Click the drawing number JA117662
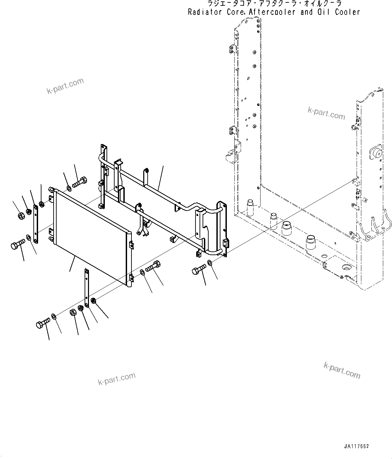357,446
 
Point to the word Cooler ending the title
348,12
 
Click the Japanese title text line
274,4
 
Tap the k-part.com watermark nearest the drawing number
342,370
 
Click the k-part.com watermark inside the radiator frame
326,113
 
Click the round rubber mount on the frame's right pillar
376,154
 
